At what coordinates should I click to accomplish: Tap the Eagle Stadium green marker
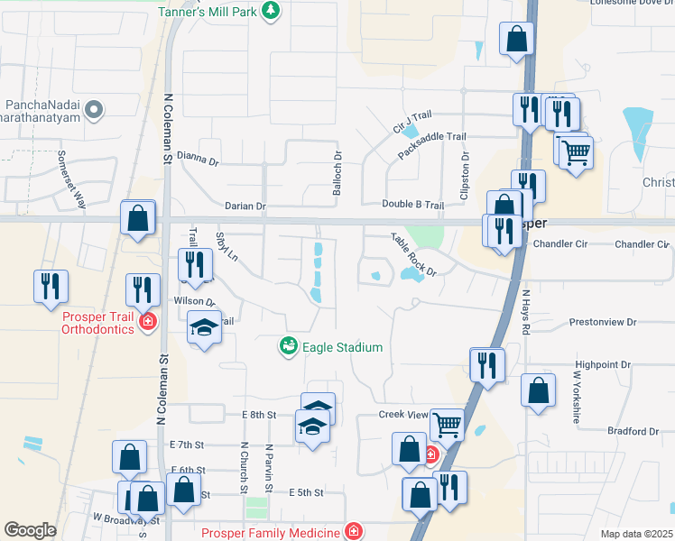tap(288, 346)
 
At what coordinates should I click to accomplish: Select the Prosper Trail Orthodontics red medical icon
tap(147, 322)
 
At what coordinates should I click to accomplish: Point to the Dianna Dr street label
tap(198, 160)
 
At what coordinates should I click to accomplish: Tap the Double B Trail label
tap(412, 206)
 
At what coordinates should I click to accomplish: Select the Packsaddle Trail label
tap(432, 149)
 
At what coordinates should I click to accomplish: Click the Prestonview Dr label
tap(604, 322)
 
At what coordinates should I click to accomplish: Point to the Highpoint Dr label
tap(603, 364)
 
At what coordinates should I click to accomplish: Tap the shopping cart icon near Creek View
tap(448, 423)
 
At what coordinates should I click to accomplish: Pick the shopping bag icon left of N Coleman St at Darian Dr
tap(137, 218)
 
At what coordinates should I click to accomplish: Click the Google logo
tap(30, 530)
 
